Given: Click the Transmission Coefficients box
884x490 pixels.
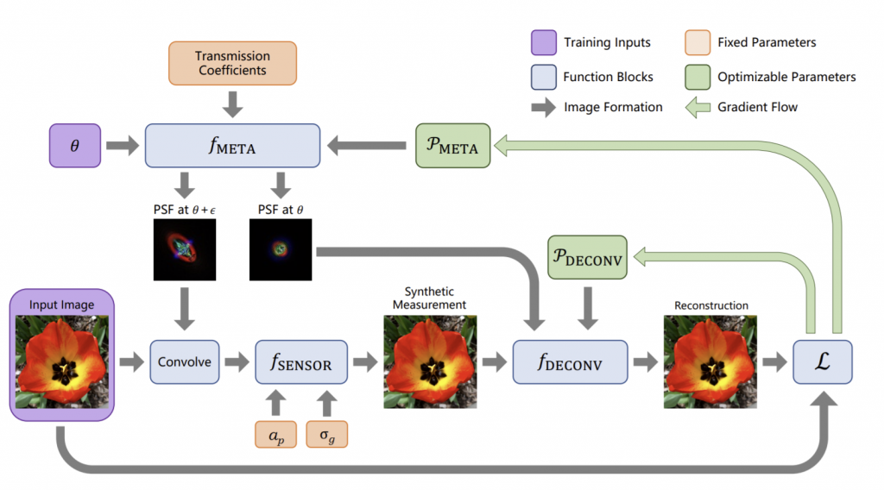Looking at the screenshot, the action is pyautogui.click(x=232, y=63).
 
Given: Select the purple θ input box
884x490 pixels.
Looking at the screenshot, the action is pyautogui.click(x=75, y=146).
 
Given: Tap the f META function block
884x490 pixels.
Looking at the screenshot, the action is pyautogui.click(x=232, y=146).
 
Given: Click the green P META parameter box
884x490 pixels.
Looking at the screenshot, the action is pyautogui.click(x=452, y=146).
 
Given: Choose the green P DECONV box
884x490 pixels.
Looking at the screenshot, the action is pyautogui.click(x=587, y=257).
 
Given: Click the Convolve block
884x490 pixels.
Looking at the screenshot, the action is pyautogui.click(x=185, y=362).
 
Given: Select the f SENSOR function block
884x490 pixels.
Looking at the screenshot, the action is pyautogui.click(x=301, y=362).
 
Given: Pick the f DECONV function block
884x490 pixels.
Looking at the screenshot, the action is pyautogui.click(x=570, y=362).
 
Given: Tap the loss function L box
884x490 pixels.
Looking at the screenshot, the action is pyautogui.click(x=823, y=362).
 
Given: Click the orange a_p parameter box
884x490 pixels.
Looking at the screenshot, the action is pyautogui.click(x=275, y=434).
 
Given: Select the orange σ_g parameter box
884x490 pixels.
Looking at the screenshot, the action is pyautogui.click(x=327, y=434).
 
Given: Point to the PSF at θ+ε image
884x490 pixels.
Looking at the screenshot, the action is pyautogui.click(x=185, y=249).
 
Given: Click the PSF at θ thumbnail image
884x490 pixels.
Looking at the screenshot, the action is pyautogui.click(x=281, y=249).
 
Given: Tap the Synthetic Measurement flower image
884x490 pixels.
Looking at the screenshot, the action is pyautogui.click(x=430, y=361).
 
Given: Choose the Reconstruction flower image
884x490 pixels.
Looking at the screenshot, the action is pyautogui.click(x=710, y=361).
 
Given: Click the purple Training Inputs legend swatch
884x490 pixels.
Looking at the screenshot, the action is pyautogui.click(x=544, y=43).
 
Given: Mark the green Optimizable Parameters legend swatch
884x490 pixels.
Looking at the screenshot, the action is pyautogui.click(x=698, y=77).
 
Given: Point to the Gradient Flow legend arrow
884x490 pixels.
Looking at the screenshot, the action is pyautogui.click(x=698, y=107).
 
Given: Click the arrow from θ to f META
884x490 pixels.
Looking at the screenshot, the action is pyautogui.click(x=123, y=146).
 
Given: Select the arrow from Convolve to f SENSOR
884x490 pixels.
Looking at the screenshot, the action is pyautogui.click(x=237, y=362).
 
